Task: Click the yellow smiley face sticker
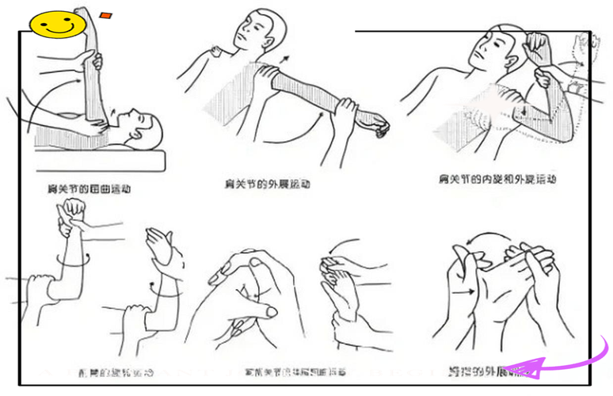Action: click(x=57, y=25)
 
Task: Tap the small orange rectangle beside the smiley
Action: click(x=106, y=15)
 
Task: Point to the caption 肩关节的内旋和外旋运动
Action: click(x=497, y=180)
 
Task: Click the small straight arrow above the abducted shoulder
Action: click(x=287, y=63)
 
